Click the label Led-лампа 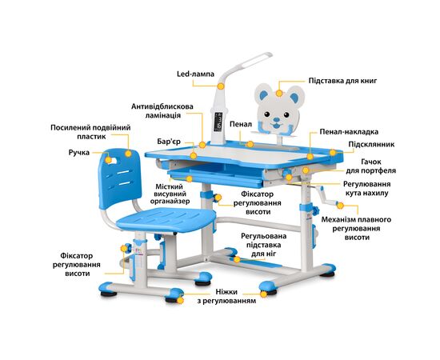[195, 74]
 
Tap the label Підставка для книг [342, 81]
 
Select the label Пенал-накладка [349, 131]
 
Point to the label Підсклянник [371, 144]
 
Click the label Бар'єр [169, 142]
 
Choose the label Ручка [79, 153]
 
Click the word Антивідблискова [162, 106]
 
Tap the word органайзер [170, 201]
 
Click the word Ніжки [226, 292]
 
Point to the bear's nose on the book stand [277, 120]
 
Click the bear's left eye [267, 114]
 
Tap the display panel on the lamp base [218, 122]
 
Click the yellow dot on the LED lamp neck [221, 86]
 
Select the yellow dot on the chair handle [108, 160]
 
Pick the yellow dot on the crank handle [340, 206]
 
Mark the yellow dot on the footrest [237, 259]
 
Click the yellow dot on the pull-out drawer [190, 178]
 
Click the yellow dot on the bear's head [279, 93]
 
